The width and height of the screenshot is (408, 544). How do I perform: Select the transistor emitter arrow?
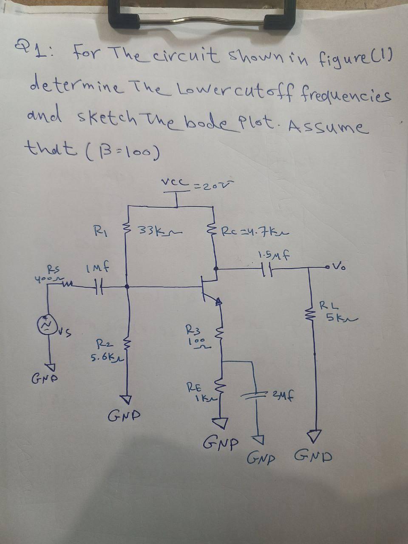click(x=218, y=302)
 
